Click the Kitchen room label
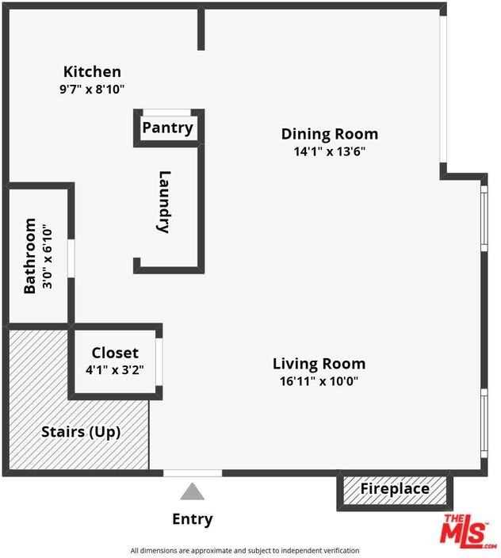(92, 72)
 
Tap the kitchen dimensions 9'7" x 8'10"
(92, 90)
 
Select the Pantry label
(167, 128)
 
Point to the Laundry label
(164, 201)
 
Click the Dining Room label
(329, 134)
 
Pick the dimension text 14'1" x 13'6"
(329, 151)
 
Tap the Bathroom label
(30, 256)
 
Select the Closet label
(115, 353)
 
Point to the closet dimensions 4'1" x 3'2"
(115, 369)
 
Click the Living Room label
(319, 364)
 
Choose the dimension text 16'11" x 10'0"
(319, 380)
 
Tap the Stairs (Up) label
(81, 432)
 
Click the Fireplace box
(395, 489)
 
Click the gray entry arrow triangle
(192, 492)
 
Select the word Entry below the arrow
(192, 520)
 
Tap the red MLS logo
(468, 530)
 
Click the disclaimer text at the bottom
(244, 550)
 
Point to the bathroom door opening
(71, 258)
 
